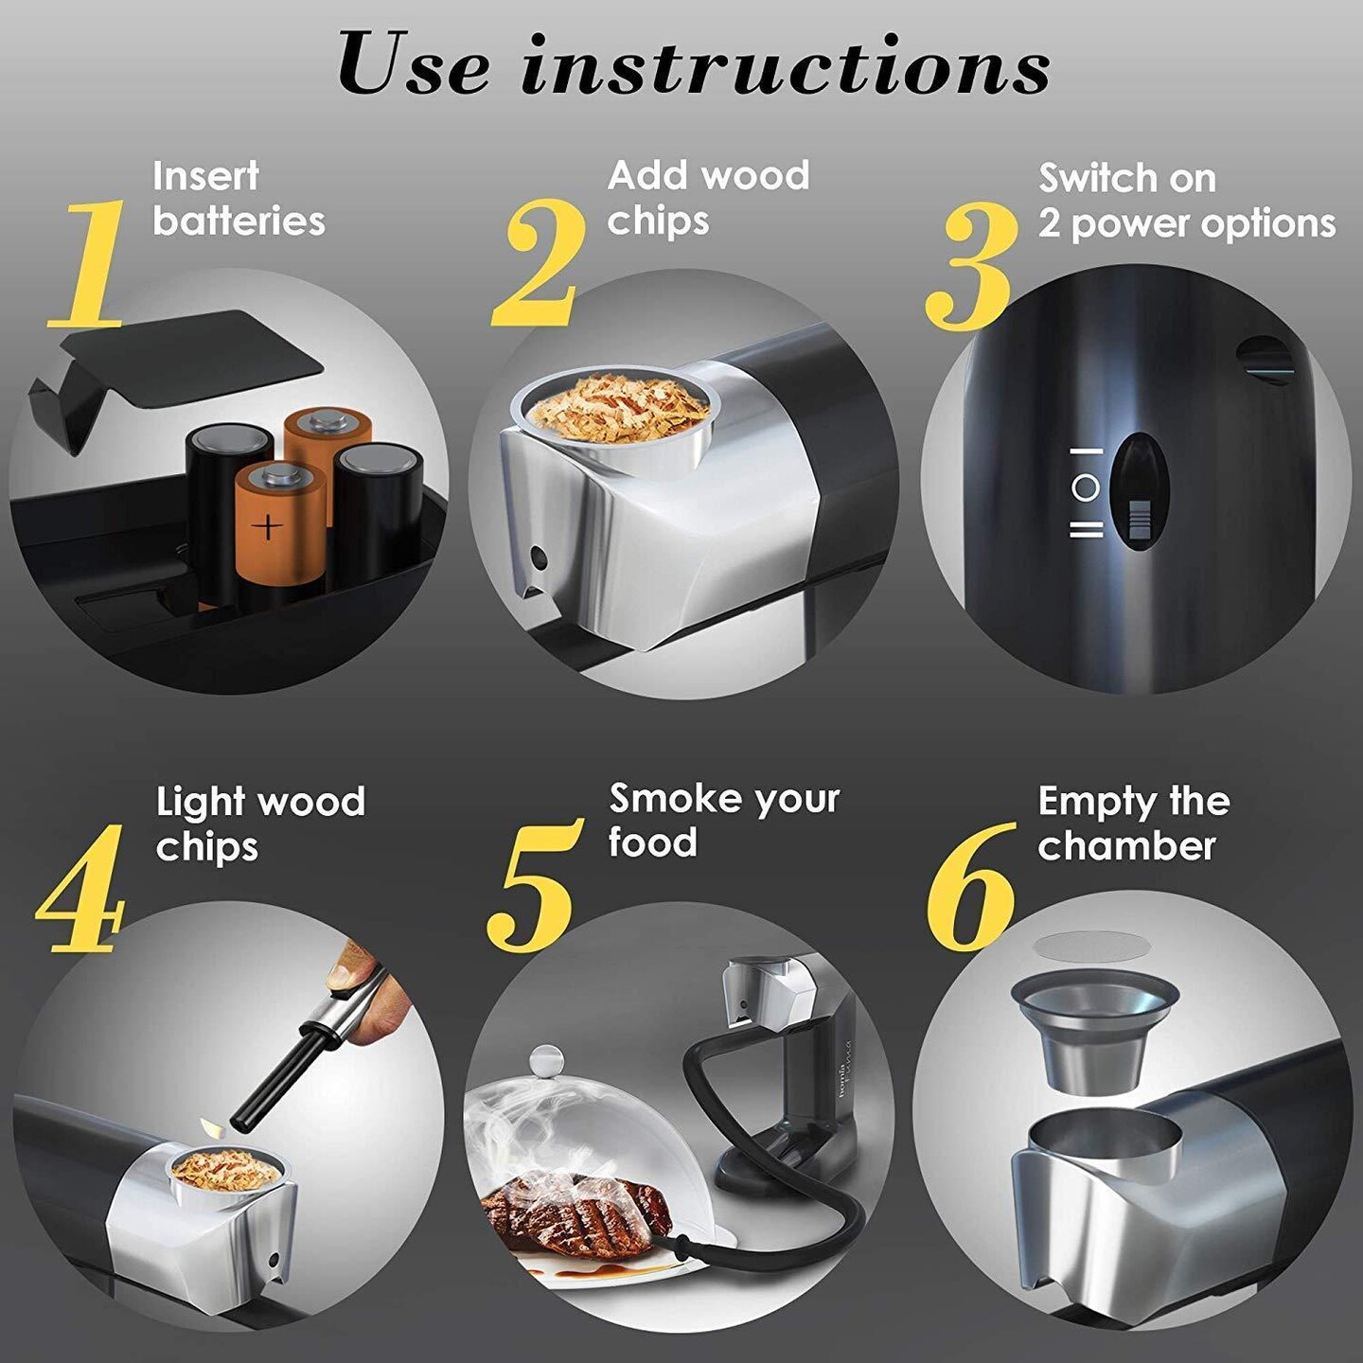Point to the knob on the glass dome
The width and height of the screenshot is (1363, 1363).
pyautogui.click(x=546, y=1059)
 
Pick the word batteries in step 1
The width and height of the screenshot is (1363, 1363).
pyautogui.click(x=239, y=221)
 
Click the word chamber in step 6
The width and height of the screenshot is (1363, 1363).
pyautogui.click(x=1126, y=846)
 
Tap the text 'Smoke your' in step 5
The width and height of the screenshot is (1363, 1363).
pyautogui.click(x=724, y=799)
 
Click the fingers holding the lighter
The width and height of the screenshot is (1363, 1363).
pyautogui.click(x=374, y=984)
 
